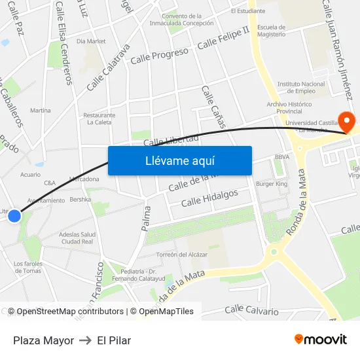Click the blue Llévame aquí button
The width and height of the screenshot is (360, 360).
pyautogui.click(x=179, y=160)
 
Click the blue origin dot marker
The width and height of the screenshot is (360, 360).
pyautogui.click(x=14, y=215)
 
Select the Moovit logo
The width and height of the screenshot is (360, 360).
pyautogui.click(x=320, y=340)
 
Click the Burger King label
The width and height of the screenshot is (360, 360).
pyautogui.click(x=271, y=185)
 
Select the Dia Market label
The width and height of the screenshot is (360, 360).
pyautogui.click(x=91, y=41)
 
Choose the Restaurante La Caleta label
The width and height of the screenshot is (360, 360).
pyautogui.click(x=99, y=118)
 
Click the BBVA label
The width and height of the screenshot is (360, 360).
pyautogui.click(x=282, y=157)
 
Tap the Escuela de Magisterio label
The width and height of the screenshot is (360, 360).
pyautogui.click(x=271, y=31)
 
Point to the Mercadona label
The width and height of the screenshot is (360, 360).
pyautogui.click(x=84, y=179)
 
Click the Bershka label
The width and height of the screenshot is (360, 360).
pyautogui.click(x=80, y=199)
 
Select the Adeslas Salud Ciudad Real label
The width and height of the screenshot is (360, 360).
pyautogui.click(x=77, y=238)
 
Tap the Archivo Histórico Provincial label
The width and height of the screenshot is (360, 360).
pyautogui.click(x=289, y=108)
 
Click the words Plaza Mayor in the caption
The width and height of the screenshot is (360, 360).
pyautogui.click(x=43, y=340)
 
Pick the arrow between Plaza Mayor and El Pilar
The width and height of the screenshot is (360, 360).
pyautogui.click(x=85, y=340)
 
